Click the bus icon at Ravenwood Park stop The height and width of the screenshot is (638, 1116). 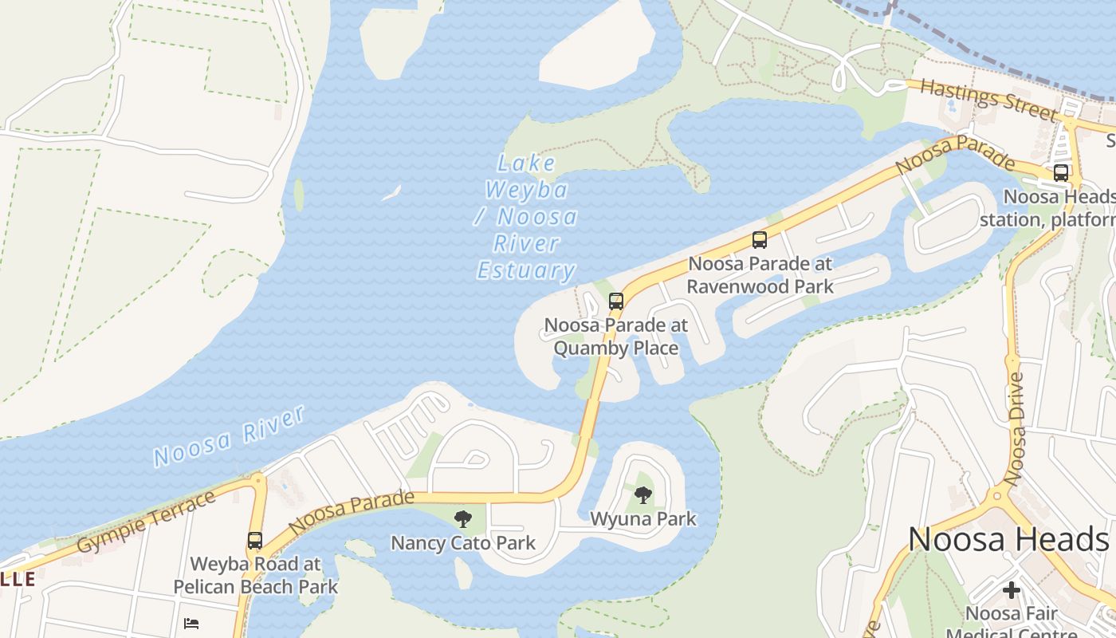[760, 239]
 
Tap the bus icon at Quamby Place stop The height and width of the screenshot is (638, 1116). [616, 301]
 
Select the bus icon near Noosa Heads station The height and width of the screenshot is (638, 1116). [1061, 173]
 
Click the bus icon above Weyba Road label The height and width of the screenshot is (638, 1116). [254, 541]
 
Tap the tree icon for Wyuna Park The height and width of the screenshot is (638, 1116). [643, 495]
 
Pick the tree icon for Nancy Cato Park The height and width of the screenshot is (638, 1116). [462, 520]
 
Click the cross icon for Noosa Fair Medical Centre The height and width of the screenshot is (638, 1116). [1012, 590]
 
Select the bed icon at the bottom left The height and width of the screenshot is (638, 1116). [191, 623]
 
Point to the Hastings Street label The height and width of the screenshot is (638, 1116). [988, 100]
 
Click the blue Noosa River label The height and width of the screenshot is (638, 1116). [229, 436]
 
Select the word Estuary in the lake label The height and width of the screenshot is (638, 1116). [526, 270]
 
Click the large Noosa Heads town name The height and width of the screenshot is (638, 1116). [1008, 540]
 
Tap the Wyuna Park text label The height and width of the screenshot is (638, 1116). [643, 519]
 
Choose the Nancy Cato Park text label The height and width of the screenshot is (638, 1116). [462, 544]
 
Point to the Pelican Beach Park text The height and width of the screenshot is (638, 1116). [256, 587]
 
